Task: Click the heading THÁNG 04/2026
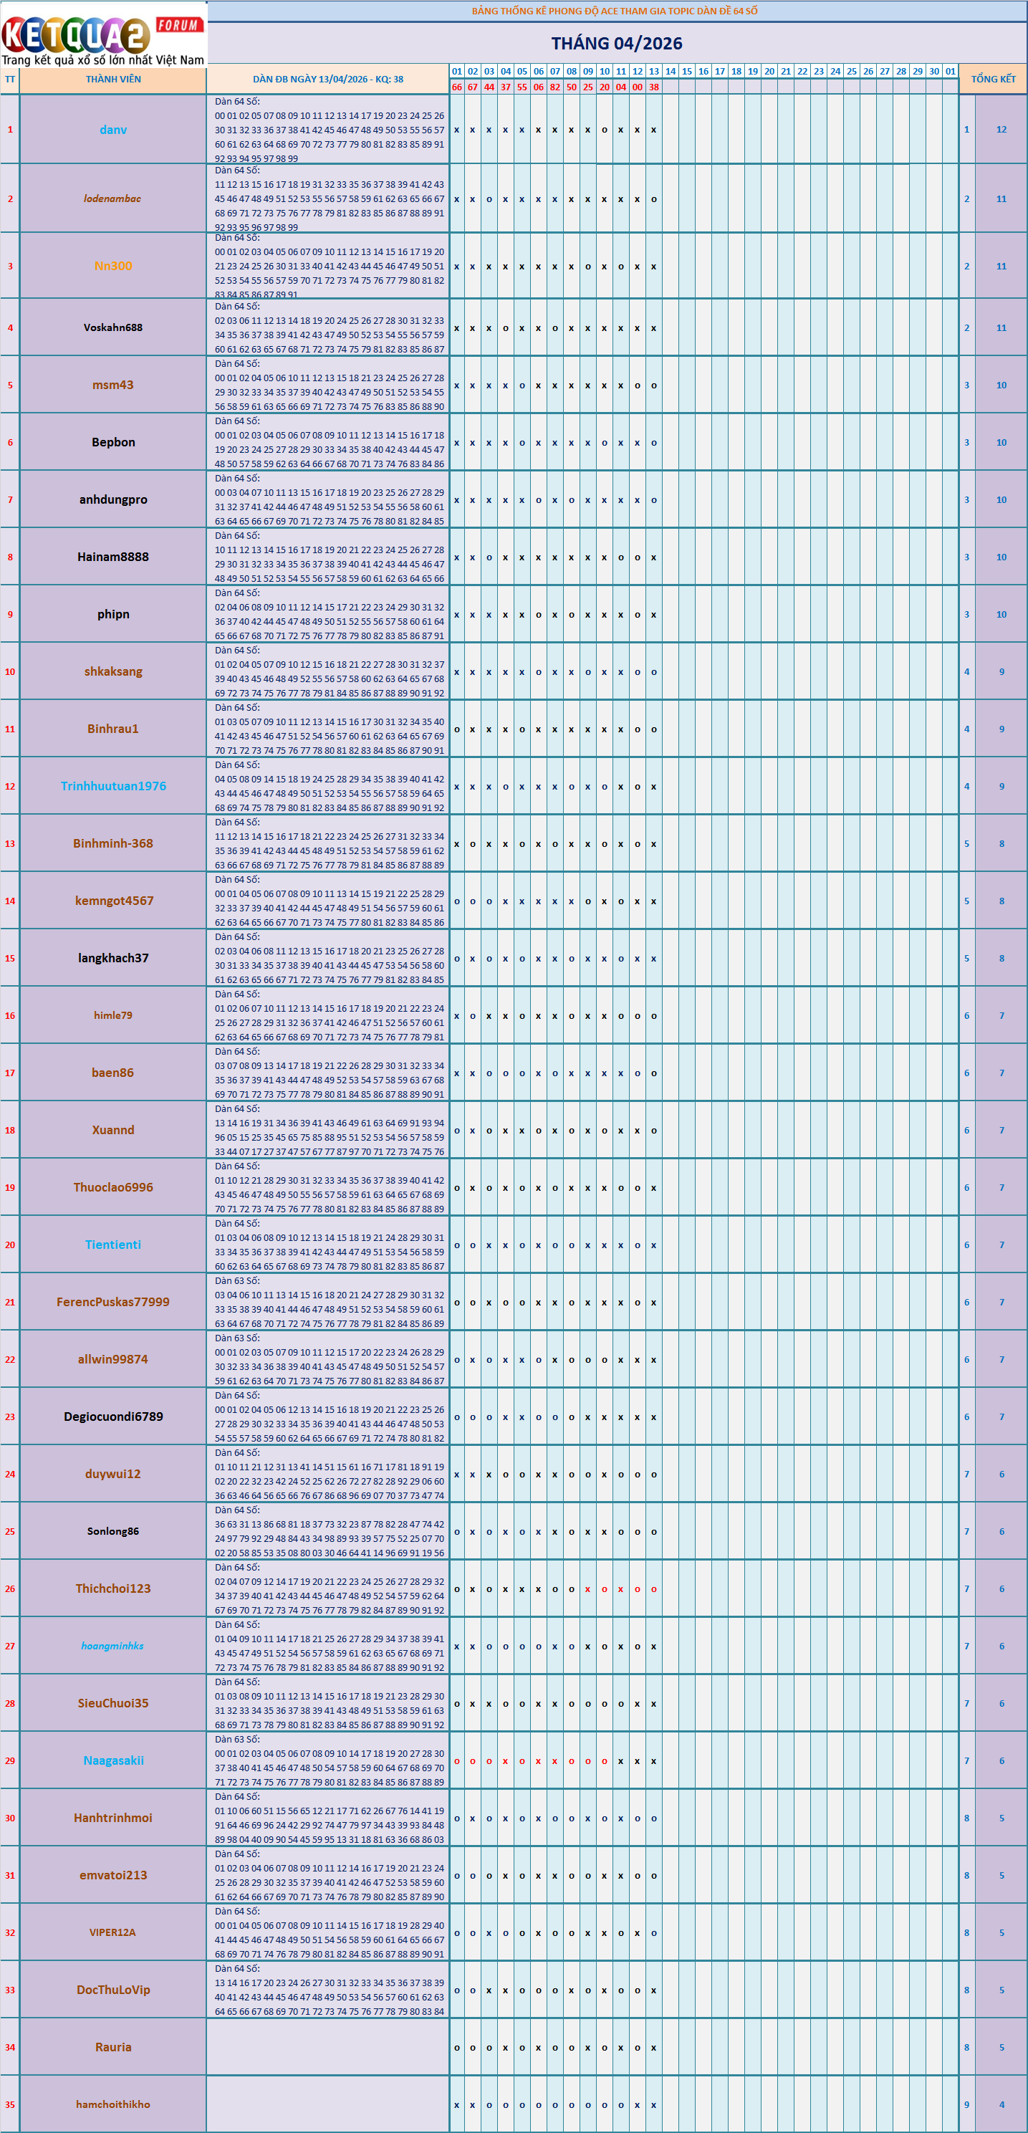617,43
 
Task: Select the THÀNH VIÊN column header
113,80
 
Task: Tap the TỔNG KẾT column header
992,80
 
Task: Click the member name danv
113,130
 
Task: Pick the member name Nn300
113,266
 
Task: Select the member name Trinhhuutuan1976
113,786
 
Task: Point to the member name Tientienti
113,1245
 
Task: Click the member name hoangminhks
112,1645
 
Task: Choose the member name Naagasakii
113,1760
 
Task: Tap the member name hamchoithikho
113,2104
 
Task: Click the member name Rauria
113,2047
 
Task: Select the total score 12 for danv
1001,130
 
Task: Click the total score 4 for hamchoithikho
1001,2104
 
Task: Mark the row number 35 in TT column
10,2104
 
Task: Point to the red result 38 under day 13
654,87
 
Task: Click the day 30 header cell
933,71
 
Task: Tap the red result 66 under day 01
457,87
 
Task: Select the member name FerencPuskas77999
113,1302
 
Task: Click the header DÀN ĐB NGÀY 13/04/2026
328,80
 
